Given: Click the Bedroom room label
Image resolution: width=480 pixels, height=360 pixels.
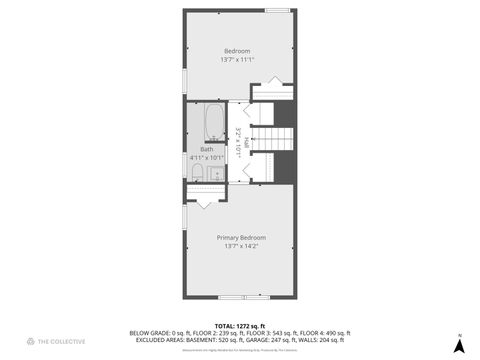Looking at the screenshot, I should pos(237,51).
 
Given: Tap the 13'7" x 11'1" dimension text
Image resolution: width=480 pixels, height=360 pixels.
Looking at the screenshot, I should pos(237,59).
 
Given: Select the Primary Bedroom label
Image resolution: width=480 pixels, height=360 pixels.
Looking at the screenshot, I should pos(241,237).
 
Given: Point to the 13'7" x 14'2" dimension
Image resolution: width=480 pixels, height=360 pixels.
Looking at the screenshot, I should pos(241,245).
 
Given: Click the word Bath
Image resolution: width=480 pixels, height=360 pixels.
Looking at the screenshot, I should pos(206,150).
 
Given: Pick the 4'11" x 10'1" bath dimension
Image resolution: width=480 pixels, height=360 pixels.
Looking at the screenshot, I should pos(206,158).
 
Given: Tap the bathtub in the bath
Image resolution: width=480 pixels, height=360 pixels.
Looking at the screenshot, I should pos(213,125).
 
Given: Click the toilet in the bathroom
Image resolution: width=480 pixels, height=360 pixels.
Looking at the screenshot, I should pos(197,175).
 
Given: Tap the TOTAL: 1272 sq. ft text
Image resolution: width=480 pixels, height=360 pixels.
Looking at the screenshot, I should pos(241,326).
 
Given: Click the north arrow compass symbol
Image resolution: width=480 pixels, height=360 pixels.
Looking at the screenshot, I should pos(458,345).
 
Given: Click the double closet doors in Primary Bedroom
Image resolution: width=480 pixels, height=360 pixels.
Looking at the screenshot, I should pos(203,199).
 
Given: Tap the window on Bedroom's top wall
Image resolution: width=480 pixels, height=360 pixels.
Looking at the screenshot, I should pos(277,10).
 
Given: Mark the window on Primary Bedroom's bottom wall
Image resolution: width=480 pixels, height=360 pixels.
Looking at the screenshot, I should pos(229,298).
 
